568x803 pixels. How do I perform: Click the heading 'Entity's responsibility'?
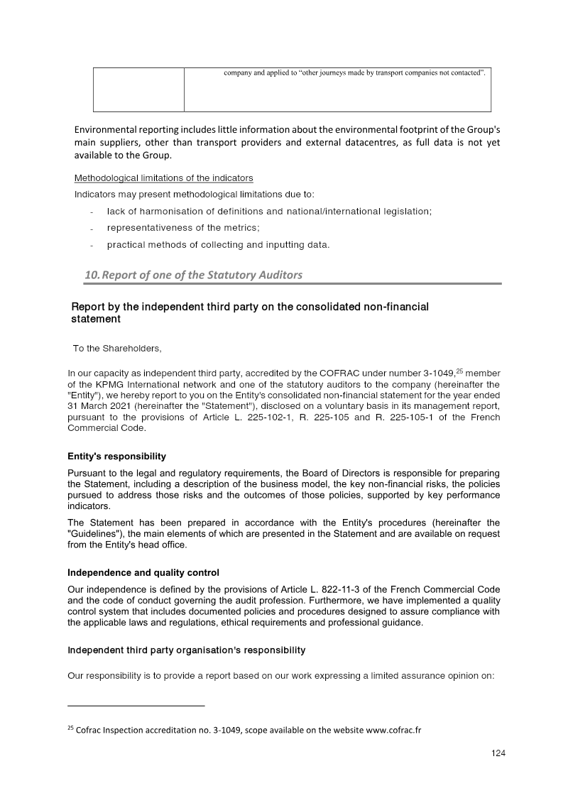[x=116, y=456]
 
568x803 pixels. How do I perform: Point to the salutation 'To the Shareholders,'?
[x=117, y=348]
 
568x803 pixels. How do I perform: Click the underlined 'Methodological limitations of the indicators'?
[x=163, y=177]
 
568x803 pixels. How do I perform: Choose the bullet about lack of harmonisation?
[x=269, y=212]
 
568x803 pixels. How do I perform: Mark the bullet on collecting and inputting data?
[x=218, y=245]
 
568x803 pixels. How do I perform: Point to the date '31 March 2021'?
[x=98, y=406]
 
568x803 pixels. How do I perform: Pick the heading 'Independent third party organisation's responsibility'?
[x=186, y=650]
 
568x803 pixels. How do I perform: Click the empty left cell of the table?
[x=138, y=89]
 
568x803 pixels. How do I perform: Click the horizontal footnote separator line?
[x=136, y=706]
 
